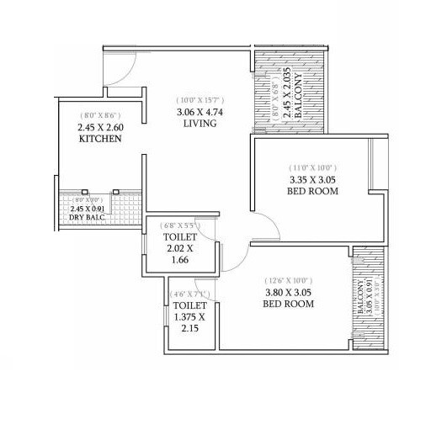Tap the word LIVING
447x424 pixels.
click(x=200, y=124)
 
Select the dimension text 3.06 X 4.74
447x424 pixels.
click(x=200, y=111)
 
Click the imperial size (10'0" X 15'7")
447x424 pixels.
click(x=200, y=98)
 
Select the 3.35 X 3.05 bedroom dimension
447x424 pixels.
click(x=311, y=179)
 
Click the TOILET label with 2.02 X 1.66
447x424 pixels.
click(x=178, y=238)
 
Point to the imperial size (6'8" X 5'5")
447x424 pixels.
click(x=178, y=225)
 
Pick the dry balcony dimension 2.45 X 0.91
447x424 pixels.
click(x=88, y=207)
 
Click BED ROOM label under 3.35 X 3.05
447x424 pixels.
click(x=311, y=192)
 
